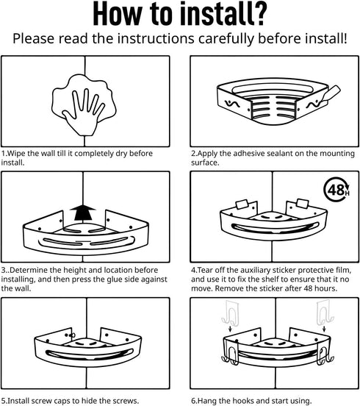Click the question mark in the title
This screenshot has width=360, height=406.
256,13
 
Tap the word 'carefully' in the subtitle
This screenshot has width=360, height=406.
226,39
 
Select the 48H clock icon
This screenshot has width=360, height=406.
336,190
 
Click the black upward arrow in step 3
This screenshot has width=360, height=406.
83,213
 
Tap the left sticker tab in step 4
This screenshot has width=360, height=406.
242,204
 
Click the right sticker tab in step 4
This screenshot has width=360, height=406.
303,204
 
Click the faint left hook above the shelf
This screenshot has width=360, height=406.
230,313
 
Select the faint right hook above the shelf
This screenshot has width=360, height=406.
325,313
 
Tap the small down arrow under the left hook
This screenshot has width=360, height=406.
230,329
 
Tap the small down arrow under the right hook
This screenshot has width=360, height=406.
324,329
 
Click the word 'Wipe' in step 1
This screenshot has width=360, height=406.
16,154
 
